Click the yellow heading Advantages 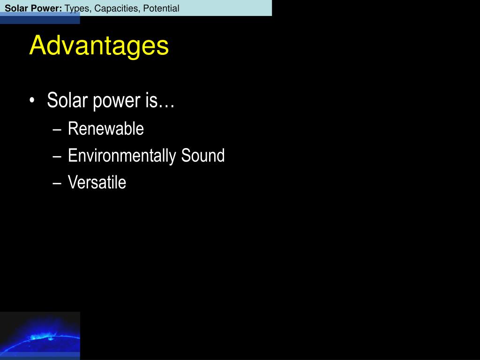tap(99, 45)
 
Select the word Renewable tap(106, 128)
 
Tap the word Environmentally tap(122, 156)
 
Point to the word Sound tap(202, 155)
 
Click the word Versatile tap(97, 182)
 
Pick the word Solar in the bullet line tap(67, 100)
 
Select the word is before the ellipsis tap(151, 100)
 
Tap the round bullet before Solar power tap(32, 101)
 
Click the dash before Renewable tap(57, 129)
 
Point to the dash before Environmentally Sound tap(57, 157)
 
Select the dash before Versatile tap(57, 183)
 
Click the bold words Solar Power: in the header tap(33, 8)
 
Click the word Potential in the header tap(161, 8)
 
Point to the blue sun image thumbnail tap(40, 336)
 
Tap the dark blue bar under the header tap(40, 19)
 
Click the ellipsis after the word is tap(166, 106)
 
